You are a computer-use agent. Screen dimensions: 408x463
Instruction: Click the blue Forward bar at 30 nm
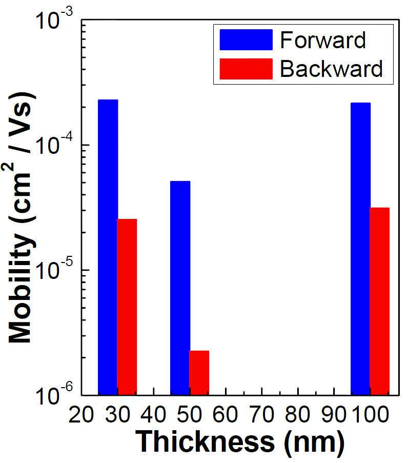108,248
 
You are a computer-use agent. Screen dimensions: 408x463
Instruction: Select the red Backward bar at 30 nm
127,307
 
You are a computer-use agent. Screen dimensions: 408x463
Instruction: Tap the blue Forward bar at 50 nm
180,288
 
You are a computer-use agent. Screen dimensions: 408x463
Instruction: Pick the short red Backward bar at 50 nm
199,373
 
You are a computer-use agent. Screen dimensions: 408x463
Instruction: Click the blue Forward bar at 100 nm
361,249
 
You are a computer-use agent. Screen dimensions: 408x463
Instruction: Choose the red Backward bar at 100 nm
380,301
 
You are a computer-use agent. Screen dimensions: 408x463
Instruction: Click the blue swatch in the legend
246,39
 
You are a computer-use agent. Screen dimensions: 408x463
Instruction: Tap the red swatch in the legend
246,69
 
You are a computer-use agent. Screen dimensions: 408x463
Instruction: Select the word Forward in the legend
323,40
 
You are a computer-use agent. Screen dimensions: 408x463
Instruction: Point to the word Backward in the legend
331,69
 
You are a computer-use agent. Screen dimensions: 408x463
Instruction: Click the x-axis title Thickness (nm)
240,442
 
